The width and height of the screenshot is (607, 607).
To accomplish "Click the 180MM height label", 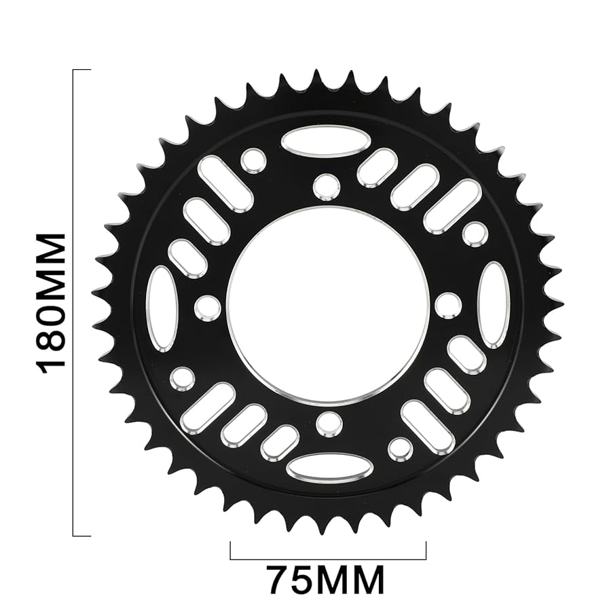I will [x=52, y=303].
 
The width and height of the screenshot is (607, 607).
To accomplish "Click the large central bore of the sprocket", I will [x=328, y=305].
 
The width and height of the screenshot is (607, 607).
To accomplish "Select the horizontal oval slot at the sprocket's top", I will [x=326, y=141].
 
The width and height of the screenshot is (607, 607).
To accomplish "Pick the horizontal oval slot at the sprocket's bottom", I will [x=329, y=468].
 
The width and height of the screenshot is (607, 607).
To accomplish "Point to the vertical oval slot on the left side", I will [x=162, y=309].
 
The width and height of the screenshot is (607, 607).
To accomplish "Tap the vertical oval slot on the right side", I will [x=494, y=305].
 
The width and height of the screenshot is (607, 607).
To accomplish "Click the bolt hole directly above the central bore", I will [x=327, y=187].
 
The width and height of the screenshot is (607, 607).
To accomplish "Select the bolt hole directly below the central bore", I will [x=329, y=423].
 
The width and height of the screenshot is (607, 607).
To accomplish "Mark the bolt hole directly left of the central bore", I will [x=208, y=308].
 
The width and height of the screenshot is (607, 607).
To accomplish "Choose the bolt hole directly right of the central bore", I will [x=448, y=305].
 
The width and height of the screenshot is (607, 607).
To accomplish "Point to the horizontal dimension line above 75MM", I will [x=328, y=559].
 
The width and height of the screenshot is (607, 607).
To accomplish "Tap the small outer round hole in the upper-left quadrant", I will [x=253, y=160].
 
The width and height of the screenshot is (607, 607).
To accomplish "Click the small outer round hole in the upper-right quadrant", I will [x=475, y=233].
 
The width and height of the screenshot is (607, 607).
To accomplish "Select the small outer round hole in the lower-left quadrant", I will [x=182, y=378].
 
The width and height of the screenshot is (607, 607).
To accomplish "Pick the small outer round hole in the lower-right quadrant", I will [x=400, y=449].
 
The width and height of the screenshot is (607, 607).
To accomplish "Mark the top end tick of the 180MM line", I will [x=81, y=70].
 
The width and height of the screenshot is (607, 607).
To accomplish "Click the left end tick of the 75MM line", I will [x=231, y=550].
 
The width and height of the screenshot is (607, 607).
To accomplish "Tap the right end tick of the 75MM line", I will [x=426, y=550].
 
